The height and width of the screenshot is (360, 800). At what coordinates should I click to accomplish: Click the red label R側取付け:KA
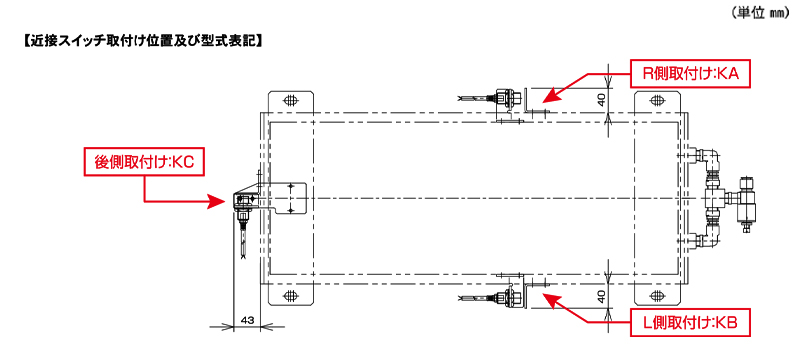(690, 74)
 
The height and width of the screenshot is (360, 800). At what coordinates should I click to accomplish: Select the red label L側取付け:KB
(690, 323)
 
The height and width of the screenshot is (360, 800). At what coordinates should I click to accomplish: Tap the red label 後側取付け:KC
(145, 163)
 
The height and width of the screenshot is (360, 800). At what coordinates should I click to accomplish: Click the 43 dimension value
(247, 320)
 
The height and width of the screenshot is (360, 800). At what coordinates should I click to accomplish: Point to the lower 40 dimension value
(602, 296)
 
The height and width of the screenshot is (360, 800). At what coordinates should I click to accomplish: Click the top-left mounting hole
(290, 100)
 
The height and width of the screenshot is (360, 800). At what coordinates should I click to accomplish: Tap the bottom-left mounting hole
(290, 295)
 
